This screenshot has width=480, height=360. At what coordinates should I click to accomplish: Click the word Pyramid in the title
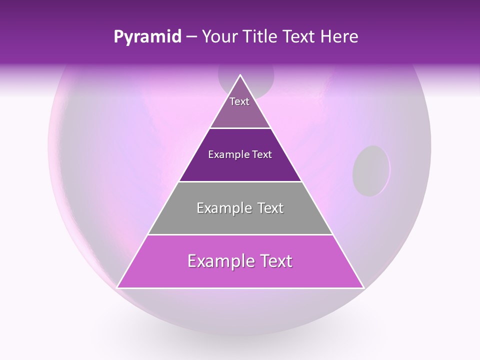coord(147,37)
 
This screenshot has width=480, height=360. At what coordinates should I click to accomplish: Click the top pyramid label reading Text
coord(239,101)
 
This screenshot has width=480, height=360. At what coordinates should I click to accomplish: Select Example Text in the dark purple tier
coord(240,154)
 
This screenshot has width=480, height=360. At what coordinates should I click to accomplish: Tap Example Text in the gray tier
coord(240,208)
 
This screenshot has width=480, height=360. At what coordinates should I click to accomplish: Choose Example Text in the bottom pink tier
coord(240,261)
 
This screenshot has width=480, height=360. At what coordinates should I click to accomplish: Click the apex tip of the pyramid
coord(240,75)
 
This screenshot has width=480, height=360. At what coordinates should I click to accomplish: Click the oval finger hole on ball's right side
coord(371,170)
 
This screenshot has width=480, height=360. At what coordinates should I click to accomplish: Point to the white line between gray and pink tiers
coord(240,234)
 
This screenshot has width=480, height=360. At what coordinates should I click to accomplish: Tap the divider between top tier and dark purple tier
coord(240,128)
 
